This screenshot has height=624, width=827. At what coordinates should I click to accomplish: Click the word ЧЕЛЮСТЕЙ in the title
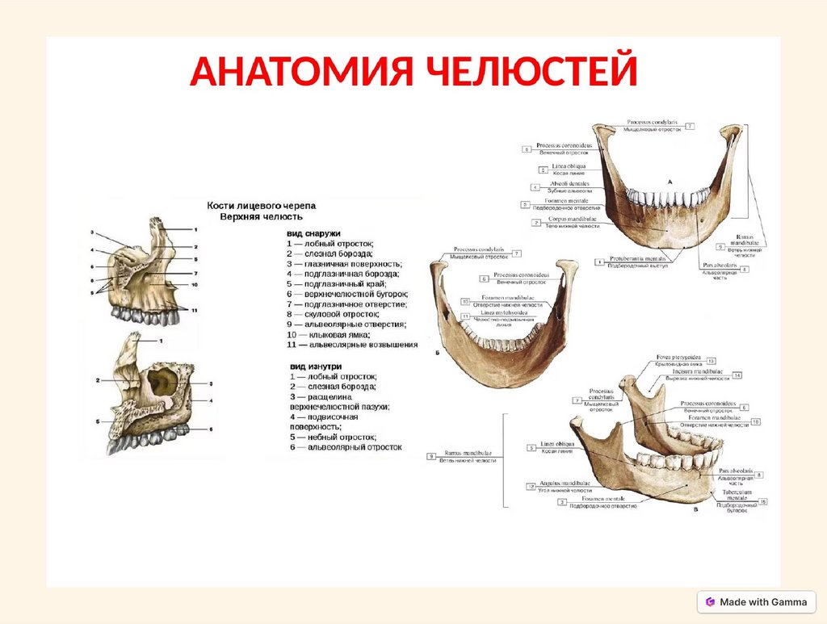[528, 73]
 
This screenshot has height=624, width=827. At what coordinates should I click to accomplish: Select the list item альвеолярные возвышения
[355, 345]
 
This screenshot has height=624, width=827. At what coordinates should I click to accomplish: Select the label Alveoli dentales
[569, 184]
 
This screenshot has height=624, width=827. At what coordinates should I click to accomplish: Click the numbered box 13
[712, 361]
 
